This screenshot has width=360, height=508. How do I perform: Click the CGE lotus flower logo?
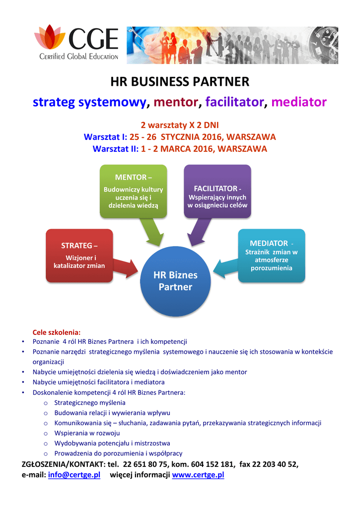pyautogui.click(x=50, y=38)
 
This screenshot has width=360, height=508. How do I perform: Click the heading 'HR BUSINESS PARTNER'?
pyautogui.click(x=179, y=81)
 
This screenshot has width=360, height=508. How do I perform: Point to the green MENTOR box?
pyautogui.click(x=133, y=191)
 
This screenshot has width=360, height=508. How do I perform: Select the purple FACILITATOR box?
pyautogui.click(x=217, y=191)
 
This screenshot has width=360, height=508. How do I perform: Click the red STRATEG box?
pyautogui.click(x=79, y=255)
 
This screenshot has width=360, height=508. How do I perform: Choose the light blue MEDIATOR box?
pyautogui.click(x=271, y=255)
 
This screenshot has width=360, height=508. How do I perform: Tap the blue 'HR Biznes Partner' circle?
pyautogui.click(x=175, y=281)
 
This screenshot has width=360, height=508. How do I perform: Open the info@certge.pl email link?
pyautogui.click(x=74, y=475)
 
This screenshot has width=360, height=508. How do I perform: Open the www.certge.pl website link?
pyautogui.click(x=198, y=475)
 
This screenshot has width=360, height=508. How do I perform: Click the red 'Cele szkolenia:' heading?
pyautogui.click(x=56, y=332)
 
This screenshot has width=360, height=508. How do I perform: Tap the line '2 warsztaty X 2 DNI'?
pyautogui.click(x=180, y=125)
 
